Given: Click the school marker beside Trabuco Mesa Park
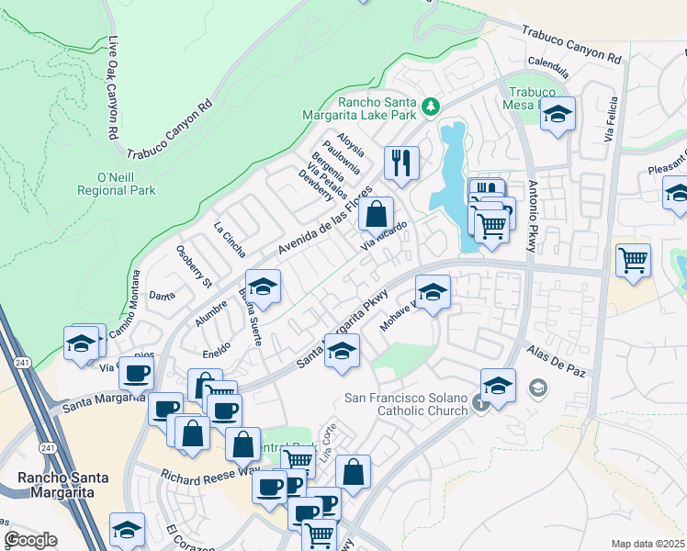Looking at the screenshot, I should (557, 115).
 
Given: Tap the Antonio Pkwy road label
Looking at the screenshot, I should (533, 216).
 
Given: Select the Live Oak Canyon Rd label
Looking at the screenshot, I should (113, 87).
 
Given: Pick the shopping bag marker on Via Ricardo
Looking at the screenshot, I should (376, 216).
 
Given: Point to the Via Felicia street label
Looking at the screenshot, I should (608, 120).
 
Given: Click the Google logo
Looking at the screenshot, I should (30, 540).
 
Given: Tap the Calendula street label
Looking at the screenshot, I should (549, 65).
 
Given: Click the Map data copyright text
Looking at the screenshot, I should (647, 544).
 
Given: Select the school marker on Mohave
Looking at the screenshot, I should (433, 293).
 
